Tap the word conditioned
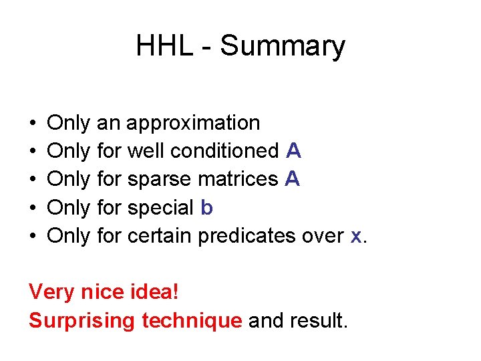tap(224, 152)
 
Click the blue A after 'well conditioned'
tap(293, 152)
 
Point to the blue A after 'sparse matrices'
tap(291, 180)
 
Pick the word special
tap(160, 209)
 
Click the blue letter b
tap(206, 208)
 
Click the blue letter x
tap(356, 237)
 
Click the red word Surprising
tap(82, 322)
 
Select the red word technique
tap(191, 322)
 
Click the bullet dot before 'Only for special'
tap(33, 209)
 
